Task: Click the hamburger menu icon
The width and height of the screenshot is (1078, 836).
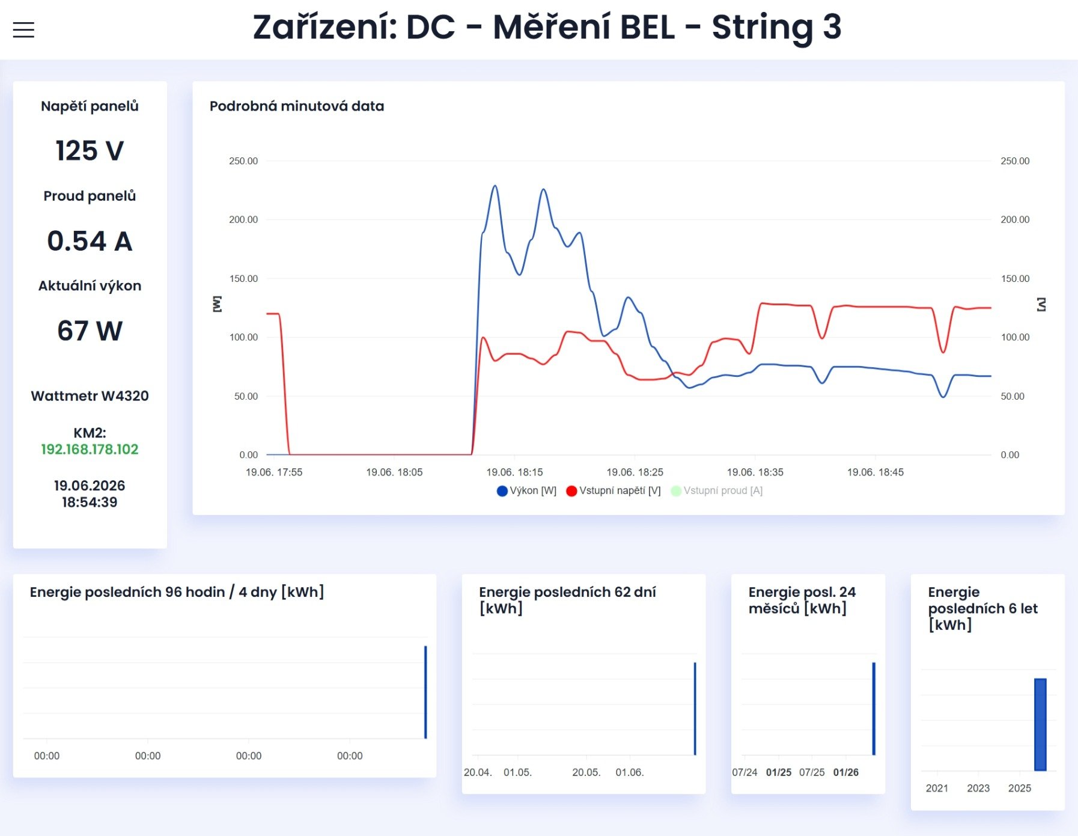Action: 23,29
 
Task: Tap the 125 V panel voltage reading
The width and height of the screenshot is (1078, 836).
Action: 90,150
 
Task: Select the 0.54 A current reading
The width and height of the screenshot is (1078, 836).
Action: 90,240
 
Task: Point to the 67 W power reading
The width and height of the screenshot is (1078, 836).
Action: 90,331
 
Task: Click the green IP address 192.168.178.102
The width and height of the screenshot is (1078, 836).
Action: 90,449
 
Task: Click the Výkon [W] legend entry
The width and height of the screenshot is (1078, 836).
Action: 526,490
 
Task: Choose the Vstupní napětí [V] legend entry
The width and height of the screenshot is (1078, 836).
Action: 613,490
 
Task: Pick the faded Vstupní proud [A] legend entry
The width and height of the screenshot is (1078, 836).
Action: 716,490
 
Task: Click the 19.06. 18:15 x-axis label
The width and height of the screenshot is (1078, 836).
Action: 514,472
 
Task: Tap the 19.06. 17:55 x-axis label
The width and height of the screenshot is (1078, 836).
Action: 274,472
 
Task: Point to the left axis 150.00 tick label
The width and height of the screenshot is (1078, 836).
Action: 243,278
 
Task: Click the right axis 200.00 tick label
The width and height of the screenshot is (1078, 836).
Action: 1015,219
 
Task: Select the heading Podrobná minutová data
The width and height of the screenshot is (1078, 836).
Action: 297,106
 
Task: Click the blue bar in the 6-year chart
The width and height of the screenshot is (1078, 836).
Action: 1040,724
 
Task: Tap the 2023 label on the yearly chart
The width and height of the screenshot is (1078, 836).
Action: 978,788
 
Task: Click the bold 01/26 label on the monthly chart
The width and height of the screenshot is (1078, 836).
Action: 846,772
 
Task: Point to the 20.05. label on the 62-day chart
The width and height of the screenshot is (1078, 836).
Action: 586,772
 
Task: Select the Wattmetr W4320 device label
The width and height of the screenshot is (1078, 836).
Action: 90,395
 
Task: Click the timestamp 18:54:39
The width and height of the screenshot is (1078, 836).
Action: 90,502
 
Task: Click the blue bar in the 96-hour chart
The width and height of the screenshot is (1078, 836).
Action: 425,692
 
